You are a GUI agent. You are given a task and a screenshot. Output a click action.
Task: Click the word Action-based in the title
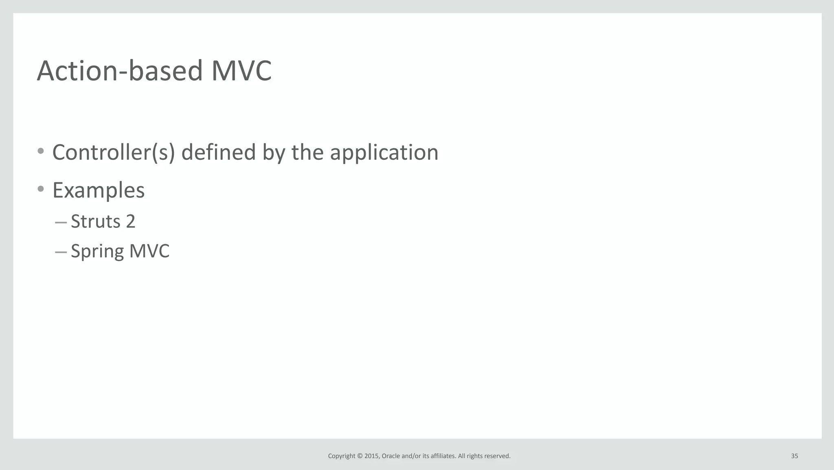pyautogui.click(x=120, y=71)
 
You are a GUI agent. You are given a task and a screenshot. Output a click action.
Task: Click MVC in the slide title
pyautogui.click(x=241, y=71)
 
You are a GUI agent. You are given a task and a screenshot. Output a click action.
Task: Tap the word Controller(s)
pyautogui.click(x=114, y=152)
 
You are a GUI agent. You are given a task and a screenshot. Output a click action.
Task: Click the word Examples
pyautogui.click(x=99, y=190)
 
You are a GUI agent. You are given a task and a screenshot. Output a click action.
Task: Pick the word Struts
pyautogui.click(x=96, y=221)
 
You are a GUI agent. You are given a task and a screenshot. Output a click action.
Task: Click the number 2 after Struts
pyautogui.click(x=130, y=221)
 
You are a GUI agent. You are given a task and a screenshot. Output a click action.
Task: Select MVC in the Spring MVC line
pyautogui.click(x=149, y=251)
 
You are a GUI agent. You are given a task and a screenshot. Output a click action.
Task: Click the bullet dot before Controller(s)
pyautogui.click(x=41, y=151)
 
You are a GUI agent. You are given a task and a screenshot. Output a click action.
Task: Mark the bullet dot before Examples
pyautogui.click(x=41, y=189)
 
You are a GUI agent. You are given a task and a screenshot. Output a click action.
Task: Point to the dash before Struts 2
pyautogui.click(x=61, y=223)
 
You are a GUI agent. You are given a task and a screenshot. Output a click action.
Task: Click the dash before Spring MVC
pyautogui.click(x=61, y=252)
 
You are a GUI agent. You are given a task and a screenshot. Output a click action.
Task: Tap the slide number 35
pyautogui.click(x=794, y=456)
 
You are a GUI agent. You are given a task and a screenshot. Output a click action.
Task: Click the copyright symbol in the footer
pyautogui.click(x=360, y=456)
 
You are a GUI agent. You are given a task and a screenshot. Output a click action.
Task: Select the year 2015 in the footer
pyautogui.click(x=371, y=456)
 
